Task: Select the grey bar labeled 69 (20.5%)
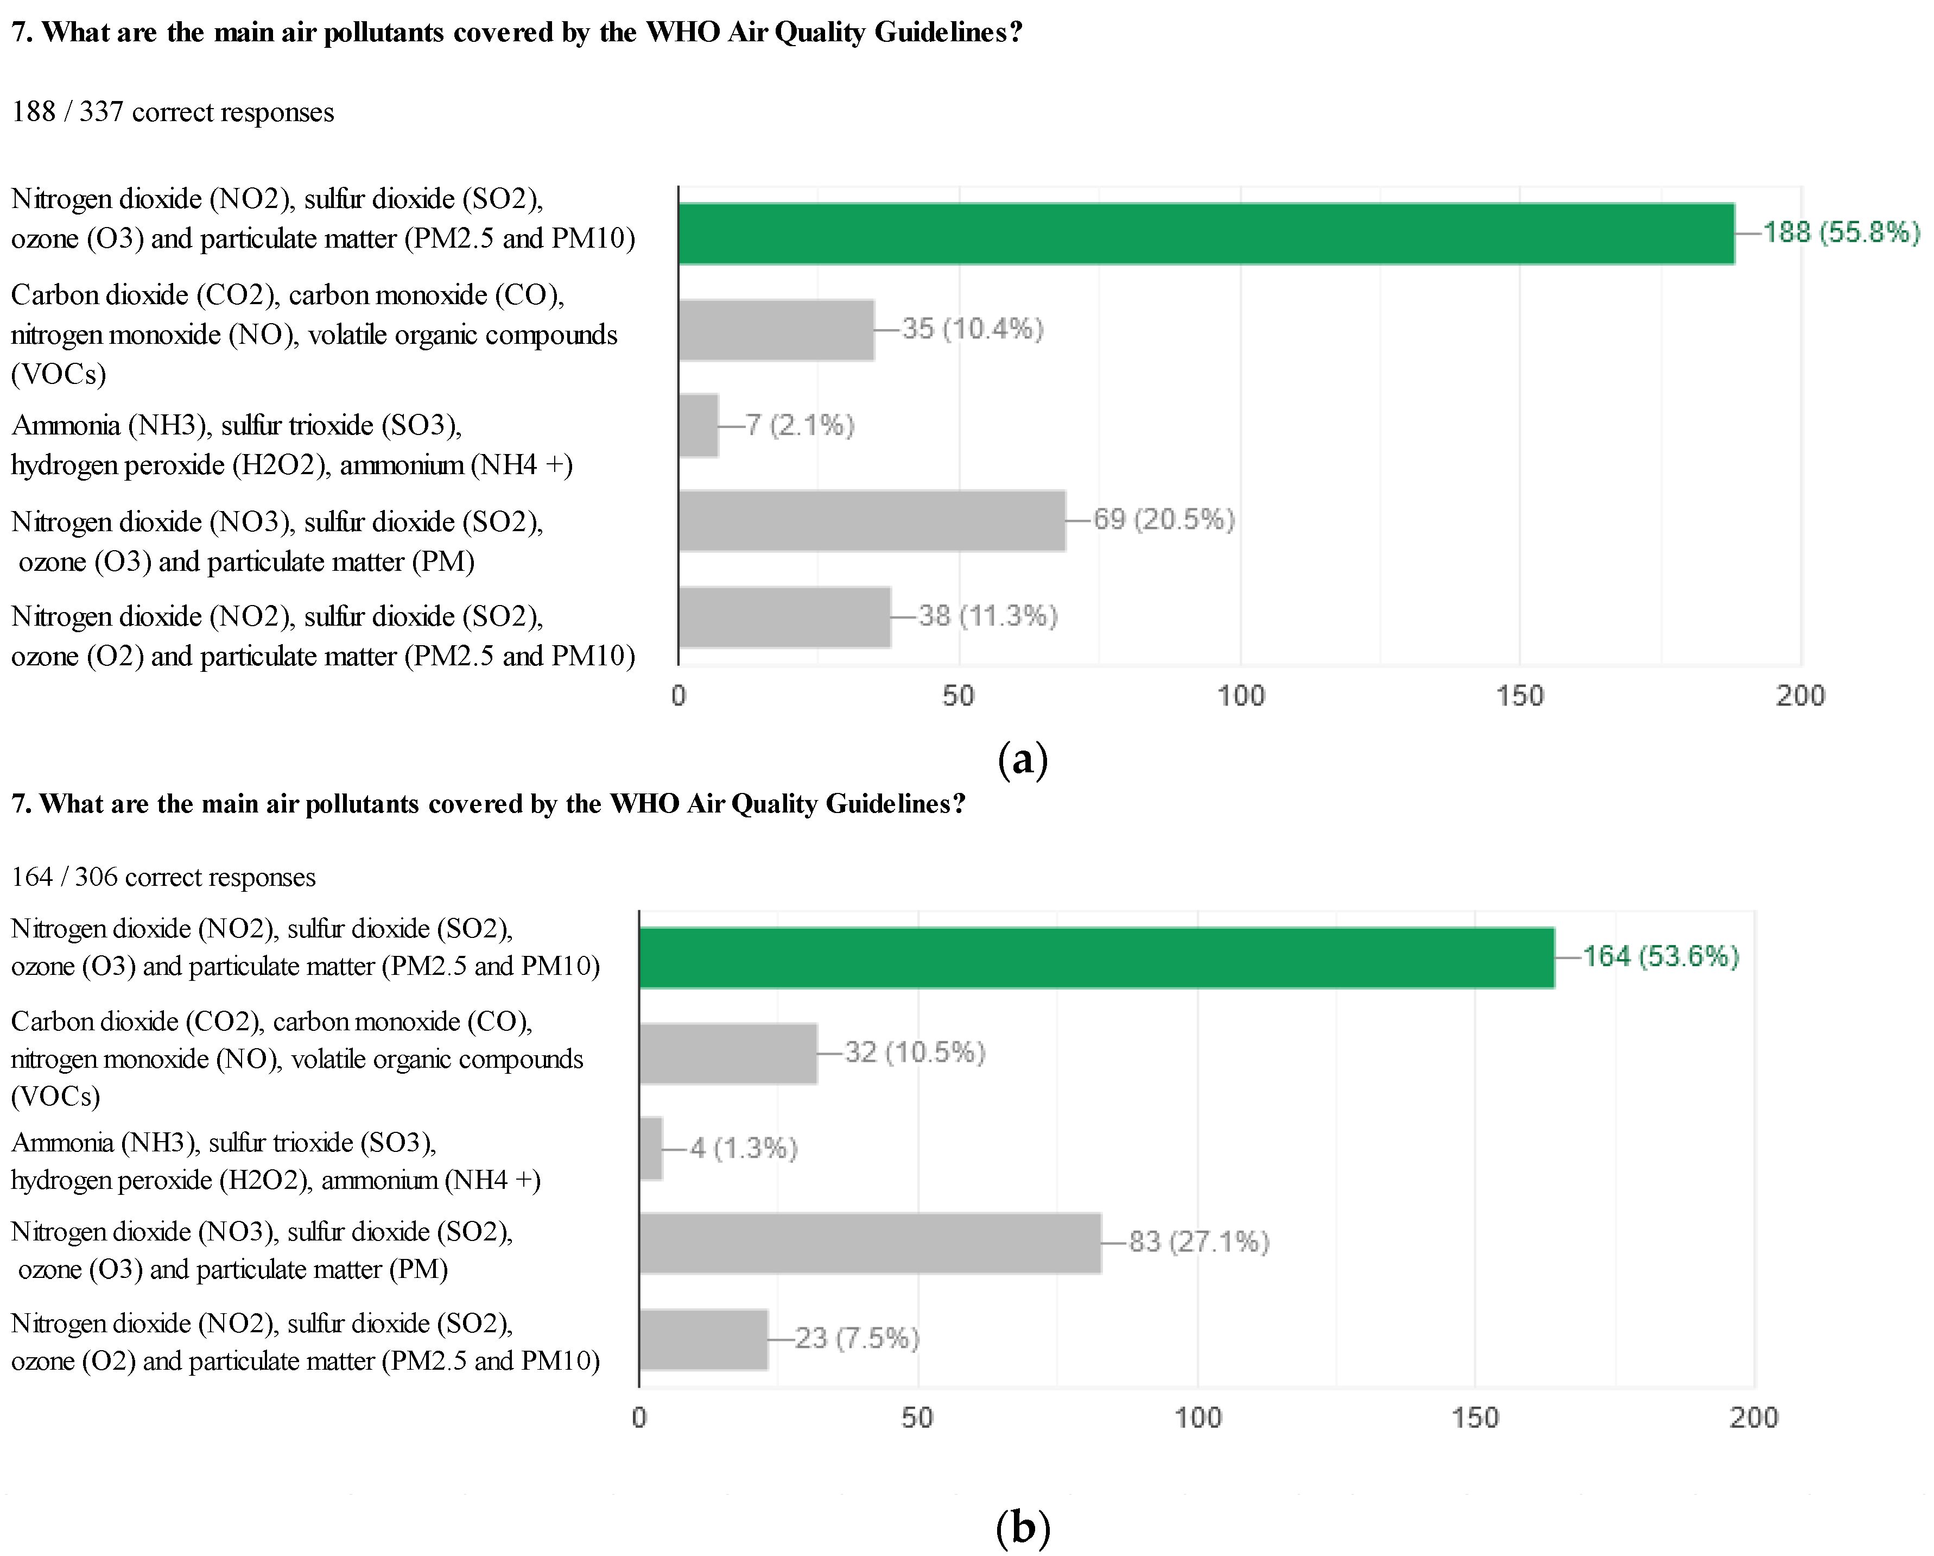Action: [872, 520]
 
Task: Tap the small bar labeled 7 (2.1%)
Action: [699, 425]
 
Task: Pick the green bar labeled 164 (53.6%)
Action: [1096, 957]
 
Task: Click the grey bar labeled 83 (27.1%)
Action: [870, 1243]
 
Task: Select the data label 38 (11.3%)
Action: [988, 616]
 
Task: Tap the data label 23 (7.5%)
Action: [857, 1339]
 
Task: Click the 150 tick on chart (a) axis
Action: [1520, 696]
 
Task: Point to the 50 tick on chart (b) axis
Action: [917, 1419]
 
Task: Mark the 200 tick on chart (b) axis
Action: [1753, 1419]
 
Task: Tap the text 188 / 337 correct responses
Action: [172, 112]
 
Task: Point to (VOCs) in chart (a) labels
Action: [58, 374]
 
